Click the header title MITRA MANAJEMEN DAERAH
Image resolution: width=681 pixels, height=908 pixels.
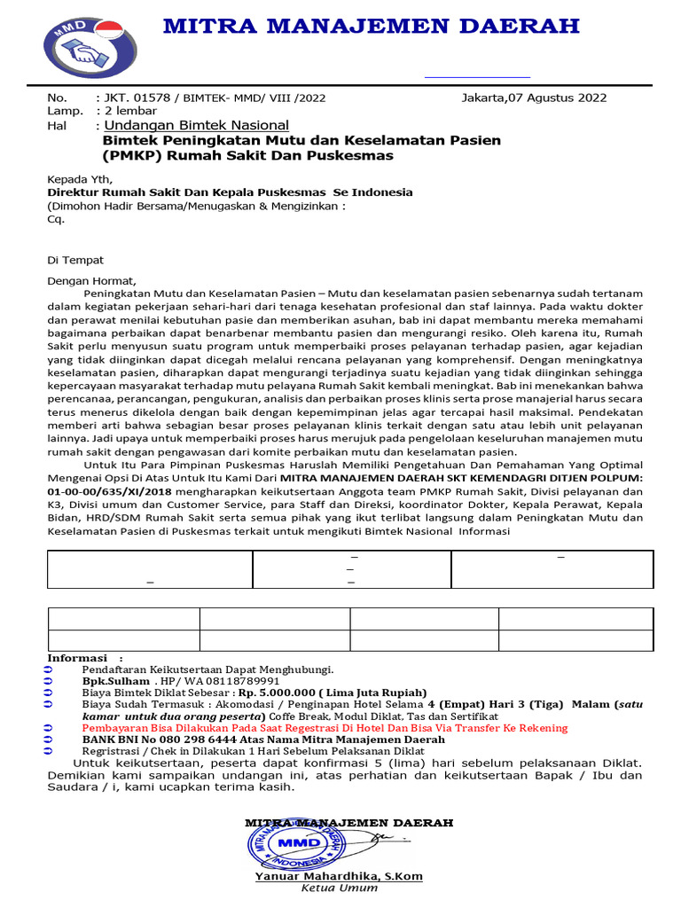pyautogui.click(x=371, y=26)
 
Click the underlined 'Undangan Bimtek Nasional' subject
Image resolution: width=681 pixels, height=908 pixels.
pyautogui.click(x=196, y=126)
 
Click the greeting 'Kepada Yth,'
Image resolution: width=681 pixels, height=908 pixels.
pyautogui.click(x=80, y=178)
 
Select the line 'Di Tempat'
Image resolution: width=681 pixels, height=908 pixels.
pyautogui.click(x=75, y=260)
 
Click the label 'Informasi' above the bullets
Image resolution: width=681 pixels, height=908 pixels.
pyautogui.click(x=77, y=658)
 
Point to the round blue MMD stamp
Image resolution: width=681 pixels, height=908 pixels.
pyautogui.click(x=296, y=840)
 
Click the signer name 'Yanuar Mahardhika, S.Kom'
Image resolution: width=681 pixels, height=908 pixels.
pyautogui.click(x=339, y=876)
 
